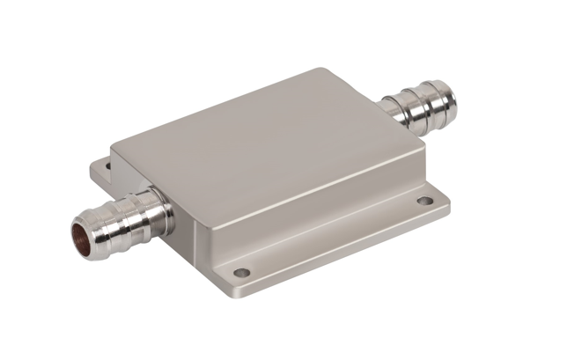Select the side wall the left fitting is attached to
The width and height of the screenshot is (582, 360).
(158, 189)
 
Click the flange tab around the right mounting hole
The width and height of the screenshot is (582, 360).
(427, 204)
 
